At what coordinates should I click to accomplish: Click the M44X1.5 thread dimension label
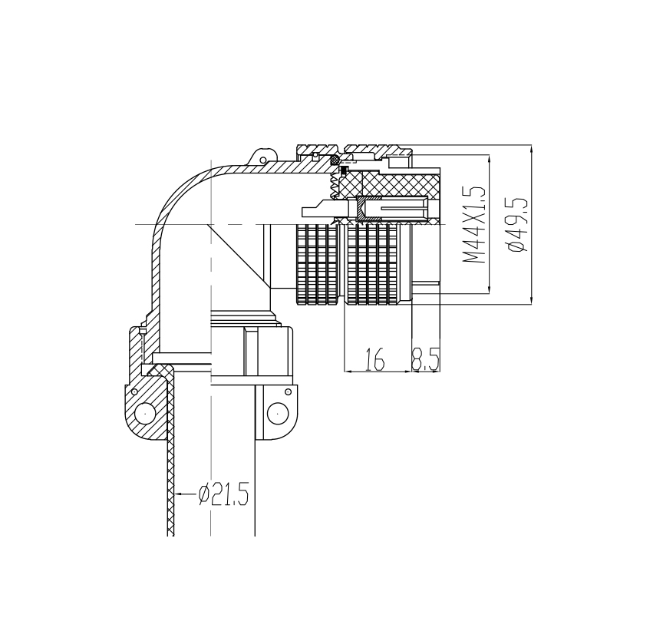click(x=473, y=225)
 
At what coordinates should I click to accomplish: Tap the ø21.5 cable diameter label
click(x=223, y=494)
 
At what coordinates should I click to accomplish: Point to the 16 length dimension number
click(x=374, y=359)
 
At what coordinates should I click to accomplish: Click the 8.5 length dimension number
click(x=426, y=359)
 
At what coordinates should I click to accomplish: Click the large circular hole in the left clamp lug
click(x=144, y=411)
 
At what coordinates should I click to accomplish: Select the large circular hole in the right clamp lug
click(x=278, y=411)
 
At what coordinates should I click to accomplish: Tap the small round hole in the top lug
click(x=262, y=160)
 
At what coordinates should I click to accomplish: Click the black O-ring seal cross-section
click(x=335, y=160)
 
